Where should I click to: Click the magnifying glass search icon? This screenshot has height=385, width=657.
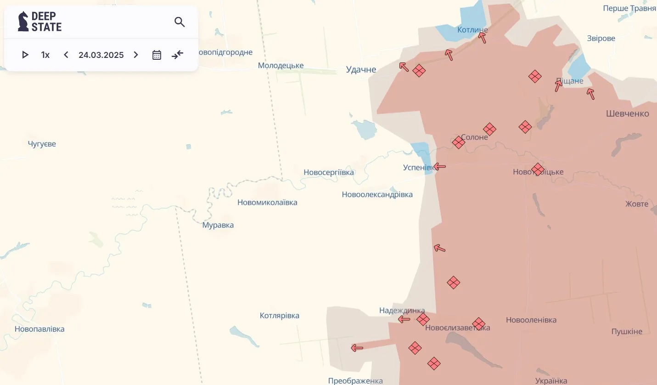click(x=180, y=22)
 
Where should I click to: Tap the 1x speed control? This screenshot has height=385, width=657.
click(x=45, y=55)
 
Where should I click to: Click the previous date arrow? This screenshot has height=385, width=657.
click(x=66, y=55)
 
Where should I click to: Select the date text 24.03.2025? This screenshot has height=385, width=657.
click(x=101, y=55)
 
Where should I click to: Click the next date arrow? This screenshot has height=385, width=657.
click(x=136, y=55)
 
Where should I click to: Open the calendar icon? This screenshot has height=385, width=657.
click(x=157, y=55)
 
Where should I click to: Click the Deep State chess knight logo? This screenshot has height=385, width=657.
click(x=23, y=22)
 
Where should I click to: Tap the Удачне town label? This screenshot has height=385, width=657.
click(x=361, y=70)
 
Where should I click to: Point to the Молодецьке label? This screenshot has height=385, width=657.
click(x=281, y=66)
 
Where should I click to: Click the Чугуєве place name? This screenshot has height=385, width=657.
click(x=42, y=144)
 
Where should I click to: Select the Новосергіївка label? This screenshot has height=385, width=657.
click(x=329, y=173)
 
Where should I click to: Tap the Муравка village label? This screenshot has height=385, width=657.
click(x=218, y=225)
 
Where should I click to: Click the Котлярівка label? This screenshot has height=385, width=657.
click(x=280, y=316)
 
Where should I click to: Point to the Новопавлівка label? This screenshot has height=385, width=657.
click(x=39, y=329)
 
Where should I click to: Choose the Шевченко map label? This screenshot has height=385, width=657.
click(x=628, y=113)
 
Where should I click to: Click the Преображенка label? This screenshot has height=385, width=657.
click(x=355, y=381)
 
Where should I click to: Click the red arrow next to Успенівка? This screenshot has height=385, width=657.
click(x=439, y=166)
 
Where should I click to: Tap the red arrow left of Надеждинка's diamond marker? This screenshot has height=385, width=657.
click(x=404, y=319)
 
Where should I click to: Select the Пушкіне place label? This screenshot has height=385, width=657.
click(x=627, y=332)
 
